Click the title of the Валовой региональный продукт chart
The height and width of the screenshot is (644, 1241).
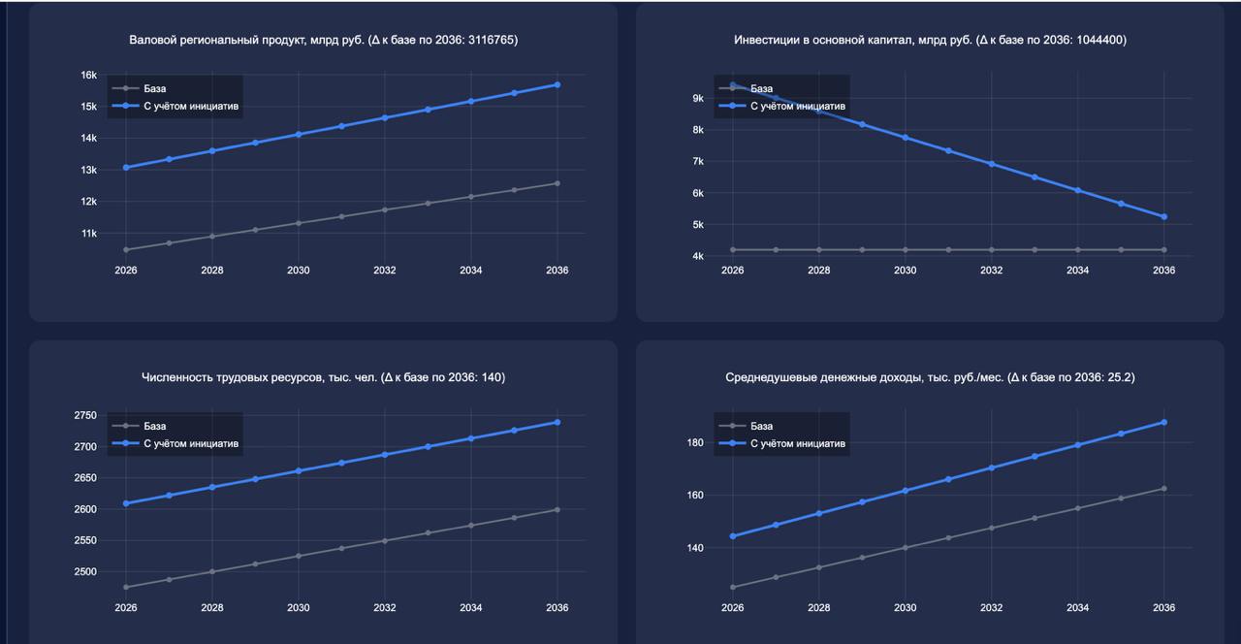click(323, 40)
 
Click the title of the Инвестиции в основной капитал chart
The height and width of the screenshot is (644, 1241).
click(930, 40)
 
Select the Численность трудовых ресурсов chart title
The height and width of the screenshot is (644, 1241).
click(323, 377)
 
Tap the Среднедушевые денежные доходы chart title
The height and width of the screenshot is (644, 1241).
click(930, 377)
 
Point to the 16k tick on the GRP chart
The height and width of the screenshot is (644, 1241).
click(88, 75)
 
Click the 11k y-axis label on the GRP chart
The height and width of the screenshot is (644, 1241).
click(88, 234)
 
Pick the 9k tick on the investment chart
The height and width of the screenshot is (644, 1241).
click(697, 98)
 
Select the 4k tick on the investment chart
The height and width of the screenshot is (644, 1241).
click(697, 257)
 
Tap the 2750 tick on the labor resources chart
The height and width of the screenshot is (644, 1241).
click(84, 415)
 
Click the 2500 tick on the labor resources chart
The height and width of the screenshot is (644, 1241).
click(84, 572)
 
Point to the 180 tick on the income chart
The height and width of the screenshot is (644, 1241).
click(694, 442)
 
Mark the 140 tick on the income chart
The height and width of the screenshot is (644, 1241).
click(694, 548)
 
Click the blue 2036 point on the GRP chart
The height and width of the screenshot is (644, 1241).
click(557, 84)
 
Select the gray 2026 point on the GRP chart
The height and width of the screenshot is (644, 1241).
click(126, 249)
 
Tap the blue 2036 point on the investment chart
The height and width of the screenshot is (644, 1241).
click(1164, 216)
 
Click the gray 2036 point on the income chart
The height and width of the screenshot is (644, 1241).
click(1164, 488)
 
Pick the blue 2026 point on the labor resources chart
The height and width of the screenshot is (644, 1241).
click(126, 503)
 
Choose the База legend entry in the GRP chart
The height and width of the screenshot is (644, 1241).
click(154, 88)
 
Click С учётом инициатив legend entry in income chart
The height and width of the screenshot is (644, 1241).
click(797, 444)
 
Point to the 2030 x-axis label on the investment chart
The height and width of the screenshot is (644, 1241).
click(905, 271)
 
